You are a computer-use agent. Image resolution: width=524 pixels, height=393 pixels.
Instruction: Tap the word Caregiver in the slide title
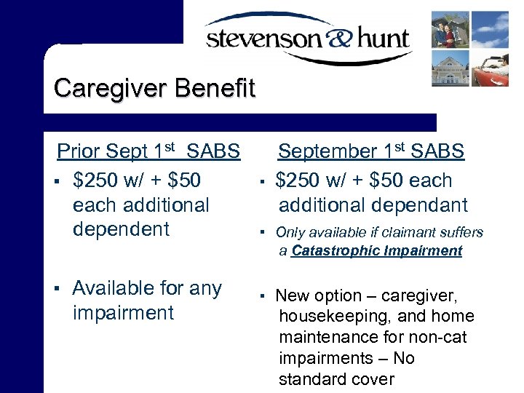(x=111, y=88)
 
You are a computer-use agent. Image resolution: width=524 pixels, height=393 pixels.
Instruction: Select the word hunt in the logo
(x=378, y=37)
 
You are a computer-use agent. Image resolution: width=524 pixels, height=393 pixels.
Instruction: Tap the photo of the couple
(x=450, y=29)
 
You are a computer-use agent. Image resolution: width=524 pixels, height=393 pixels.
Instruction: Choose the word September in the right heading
(x=327, y=151)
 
